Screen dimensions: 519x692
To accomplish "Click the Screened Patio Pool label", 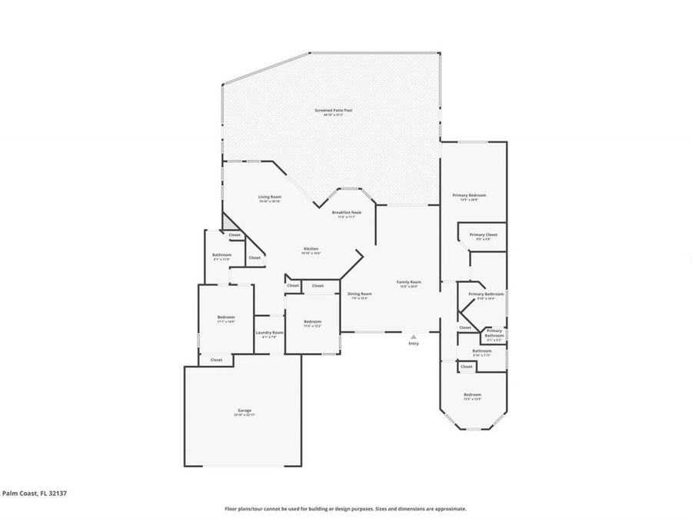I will tap(333, 111).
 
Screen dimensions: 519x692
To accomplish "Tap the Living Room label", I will tap(269, 198).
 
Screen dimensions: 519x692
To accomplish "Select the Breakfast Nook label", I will tap(347, 213).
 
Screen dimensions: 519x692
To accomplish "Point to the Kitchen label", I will tap(311, 249).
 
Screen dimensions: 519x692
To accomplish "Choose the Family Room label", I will tap(408, 283).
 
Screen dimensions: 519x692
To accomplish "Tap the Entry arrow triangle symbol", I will tap(414, 336).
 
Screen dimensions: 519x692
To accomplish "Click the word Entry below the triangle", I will tap(414, 343).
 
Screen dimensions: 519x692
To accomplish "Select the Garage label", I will tap(244, 411).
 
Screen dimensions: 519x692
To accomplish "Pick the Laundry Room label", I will tap(269, 333).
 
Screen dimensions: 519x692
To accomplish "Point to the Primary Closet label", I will tap(484, 235).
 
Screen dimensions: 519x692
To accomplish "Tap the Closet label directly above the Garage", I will tap(217, 359).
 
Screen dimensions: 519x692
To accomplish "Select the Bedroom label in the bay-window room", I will tap(472, 395).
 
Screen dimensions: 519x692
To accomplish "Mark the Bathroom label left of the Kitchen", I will tap(221, 255).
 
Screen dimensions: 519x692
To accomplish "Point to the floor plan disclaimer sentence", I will tap(345, 508).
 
